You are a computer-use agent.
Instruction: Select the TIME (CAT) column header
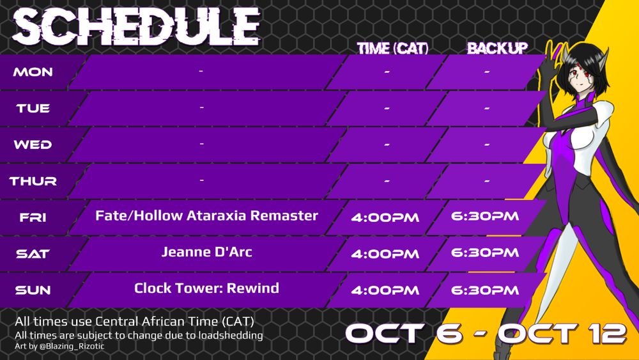(x=393, y=49)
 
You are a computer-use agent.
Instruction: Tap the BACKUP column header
(x=497, y=49)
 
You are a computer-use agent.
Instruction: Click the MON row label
(x=33, y=72)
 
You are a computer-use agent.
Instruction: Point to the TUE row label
(x=33, y=109)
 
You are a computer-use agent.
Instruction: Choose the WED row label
(x=33, y=145)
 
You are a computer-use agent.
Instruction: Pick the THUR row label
(x=33, y=181)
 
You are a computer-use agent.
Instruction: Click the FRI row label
(x=33, y=217)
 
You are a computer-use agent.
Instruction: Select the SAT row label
(x=33, y=254)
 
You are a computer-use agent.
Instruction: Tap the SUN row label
(x=33, y=290)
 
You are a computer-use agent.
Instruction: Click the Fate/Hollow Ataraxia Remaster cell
(x=206, y=215)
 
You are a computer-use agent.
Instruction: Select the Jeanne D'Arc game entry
(x=206, y=251)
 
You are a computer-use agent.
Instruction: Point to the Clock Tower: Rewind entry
(x=206, y=288)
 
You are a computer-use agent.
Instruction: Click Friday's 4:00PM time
(x=385, y=217)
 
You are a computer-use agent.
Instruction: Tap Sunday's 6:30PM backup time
(x=485, y=290)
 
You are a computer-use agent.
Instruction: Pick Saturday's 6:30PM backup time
(x=485, y=253)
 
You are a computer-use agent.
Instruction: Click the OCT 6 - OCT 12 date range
(x=486, y=334)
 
